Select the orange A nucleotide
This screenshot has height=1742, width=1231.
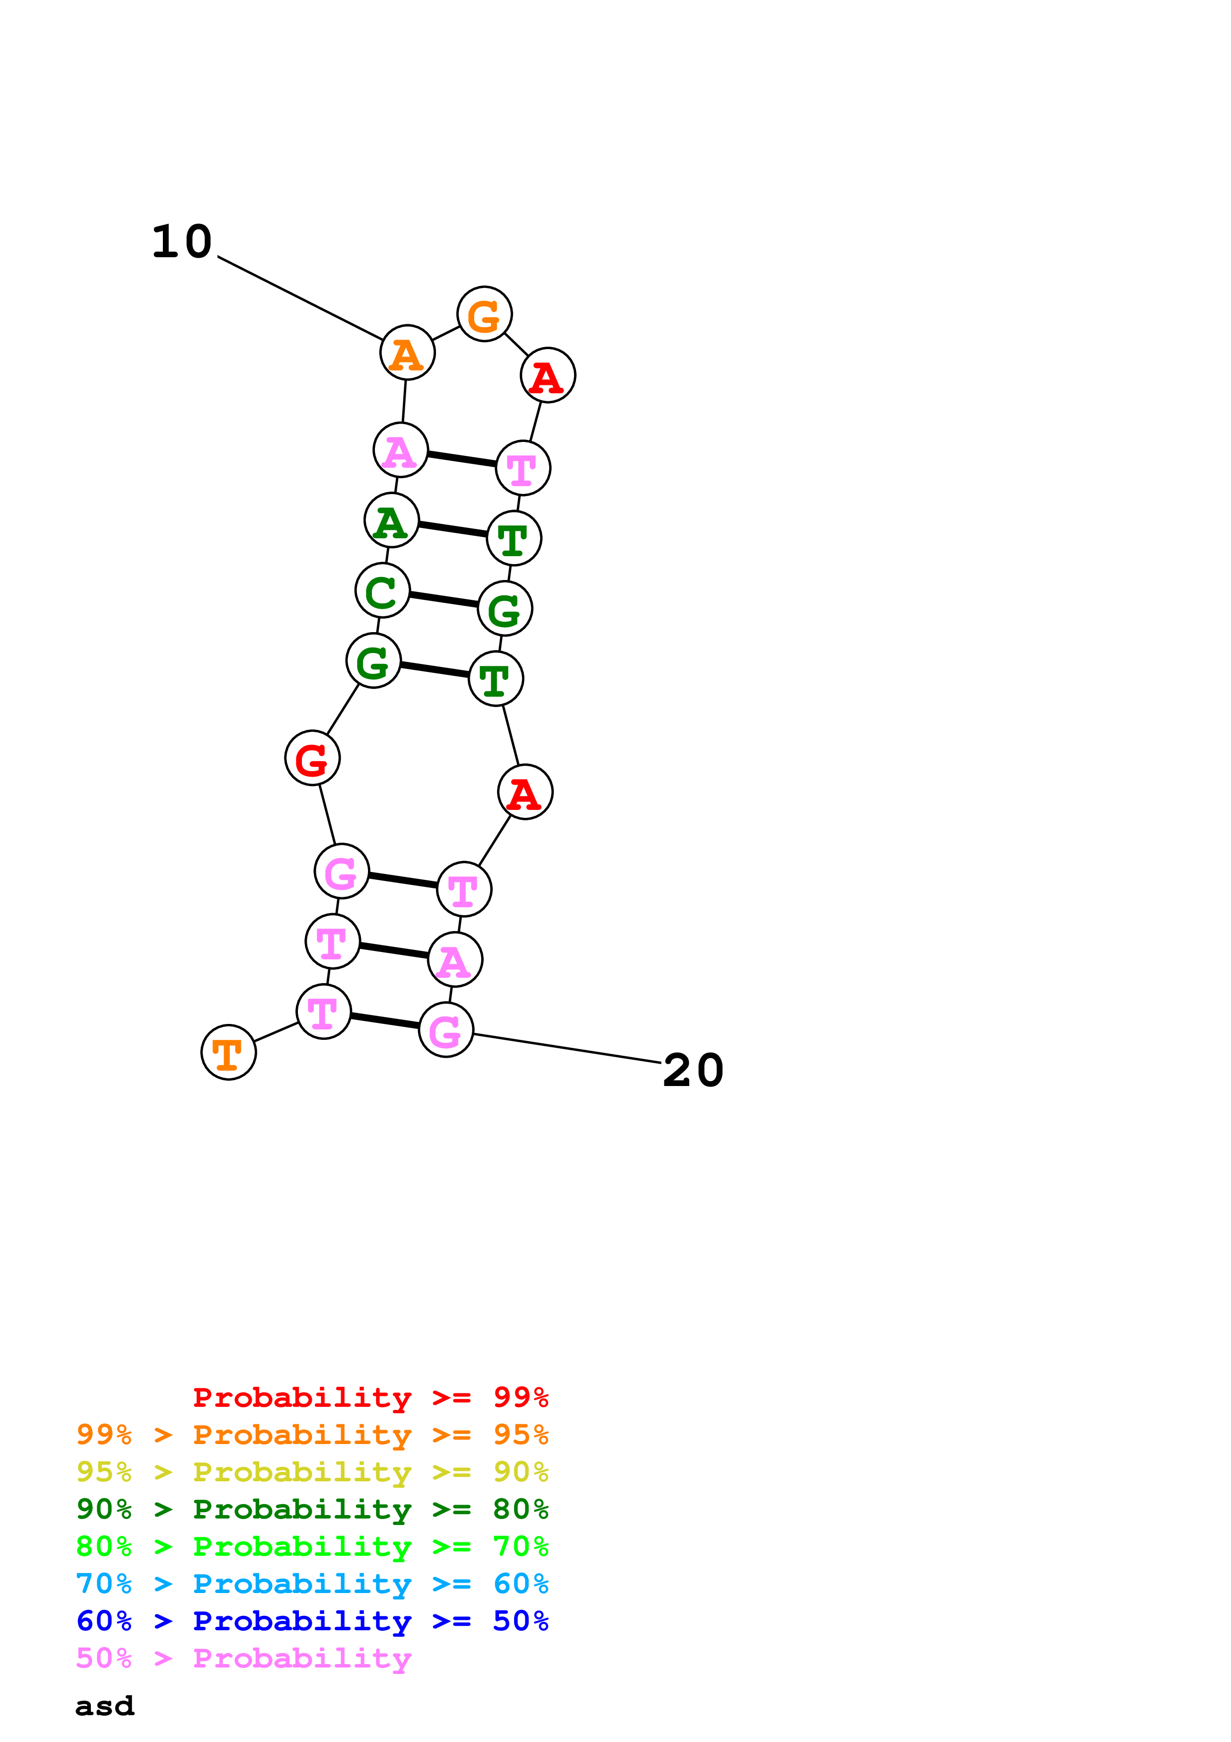(x=407, y=353)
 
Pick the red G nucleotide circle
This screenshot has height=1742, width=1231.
(x=312, y=758)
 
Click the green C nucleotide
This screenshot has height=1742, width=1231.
(x=382, y=590)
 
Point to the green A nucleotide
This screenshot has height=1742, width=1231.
(x=391, y=520)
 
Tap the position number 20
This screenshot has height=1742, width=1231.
(x=693, y=1071)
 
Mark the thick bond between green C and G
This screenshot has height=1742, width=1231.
(x=444, y=599)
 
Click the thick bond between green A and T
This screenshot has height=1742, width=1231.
(x=453, y=529)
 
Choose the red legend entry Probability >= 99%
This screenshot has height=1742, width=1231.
(x=370, y=1397)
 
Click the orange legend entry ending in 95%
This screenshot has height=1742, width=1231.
(x=312, y=1435)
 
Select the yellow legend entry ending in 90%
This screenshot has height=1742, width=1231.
(x=312, y=1472)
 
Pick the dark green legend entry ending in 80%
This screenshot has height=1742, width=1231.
(x=312, y=1509)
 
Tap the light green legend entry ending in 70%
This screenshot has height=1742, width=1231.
(x=312, y=1546)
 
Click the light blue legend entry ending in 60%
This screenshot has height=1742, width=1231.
(x=312, y=1584)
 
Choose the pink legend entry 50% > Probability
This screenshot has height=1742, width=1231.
(x=243, y=1658)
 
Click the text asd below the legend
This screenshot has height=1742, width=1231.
(x=105, y=1706)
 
